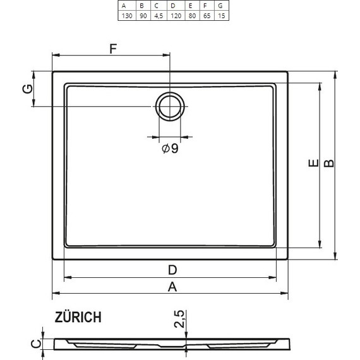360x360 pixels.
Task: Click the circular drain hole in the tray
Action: point(170,106)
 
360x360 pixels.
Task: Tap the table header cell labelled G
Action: point(220,5)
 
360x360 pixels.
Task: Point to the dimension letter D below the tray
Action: point(172,270)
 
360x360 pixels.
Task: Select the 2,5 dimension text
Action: point(180,320)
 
